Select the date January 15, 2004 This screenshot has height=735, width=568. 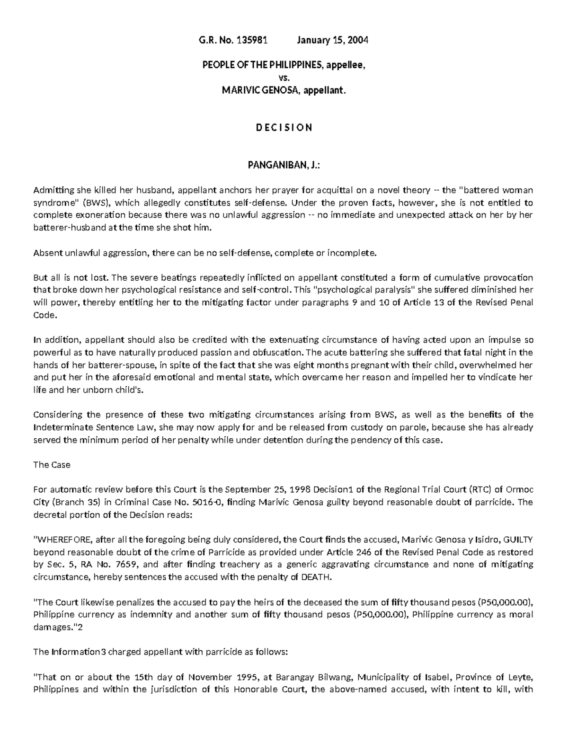(332, 40)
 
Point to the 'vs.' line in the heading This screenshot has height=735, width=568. (284, 78)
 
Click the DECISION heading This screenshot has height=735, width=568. (284, 128)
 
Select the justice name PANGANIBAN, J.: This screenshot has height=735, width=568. (284, 165)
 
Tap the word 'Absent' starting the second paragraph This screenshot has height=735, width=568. (45, 253)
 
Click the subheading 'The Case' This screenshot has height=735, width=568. (52, 465)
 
